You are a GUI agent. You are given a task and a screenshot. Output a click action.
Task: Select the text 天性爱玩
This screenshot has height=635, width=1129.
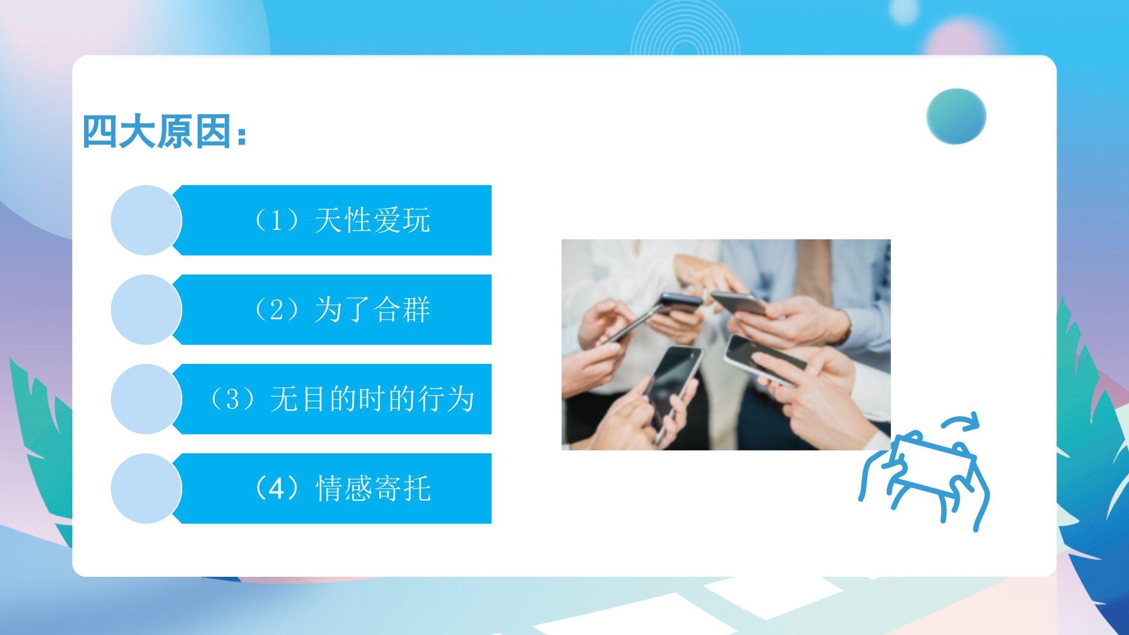coord(373,221)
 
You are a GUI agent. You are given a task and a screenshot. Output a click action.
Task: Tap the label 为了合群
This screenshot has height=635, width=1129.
coord(373,310)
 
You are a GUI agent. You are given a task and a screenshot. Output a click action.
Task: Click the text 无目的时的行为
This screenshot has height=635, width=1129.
coord(372,399)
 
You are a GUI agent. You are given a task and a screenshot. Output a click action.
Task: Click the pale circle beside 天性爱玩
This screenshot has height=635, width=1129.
coord(146,220)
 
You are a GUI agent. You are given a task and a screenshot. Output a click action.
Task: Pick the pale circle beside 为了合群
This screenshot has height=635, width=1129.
coord(146,310)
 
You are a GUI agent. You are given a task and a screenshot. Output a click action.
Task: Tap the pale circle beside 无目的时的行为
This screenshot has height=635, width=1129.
coord(146,399)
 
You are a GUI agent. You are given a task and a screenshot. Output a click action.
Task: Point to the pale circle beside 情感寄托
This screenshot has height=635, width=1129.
coord(146,489)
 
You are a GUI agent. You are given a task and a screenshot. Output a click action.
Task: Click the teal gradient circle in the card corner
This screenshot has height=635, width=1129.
coord(956,116)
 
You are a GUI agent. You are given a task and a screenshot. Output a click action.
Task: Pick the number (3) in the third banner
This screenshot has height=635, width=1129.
coord(233,399)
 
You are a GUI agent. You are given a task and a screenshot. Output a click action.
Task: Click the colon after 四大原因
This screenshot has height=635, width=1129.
coord(241,136)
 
